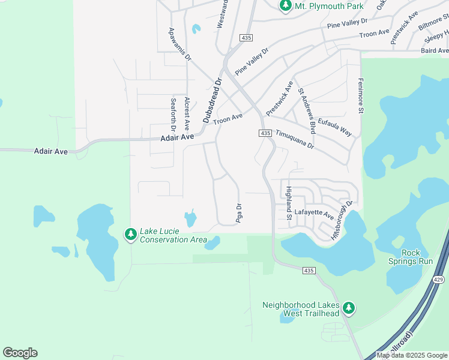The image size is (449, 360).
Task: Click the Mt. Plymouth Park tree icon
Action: (x=286, y=6)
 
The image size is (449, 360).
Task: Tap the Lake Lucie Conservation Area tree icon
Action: (x=131, y=235)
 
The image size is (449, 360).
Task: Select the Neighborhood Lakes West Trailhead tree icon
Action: (x=349, y=308)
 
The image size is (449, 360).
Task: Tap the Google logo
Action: (x=20, y=353)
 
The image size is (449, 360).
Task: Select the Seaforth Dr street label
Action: (x=173, y=115)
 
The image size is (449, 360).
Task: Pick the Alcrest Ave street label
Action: (x=187, y=114)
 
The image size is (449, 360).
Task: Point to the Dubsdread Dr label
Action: (x=212, y=100)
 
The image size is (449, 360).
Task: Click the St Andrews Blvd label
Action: (x=307, y=110)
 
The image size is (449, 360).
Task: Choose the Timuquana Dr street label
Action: (x=295, y=142)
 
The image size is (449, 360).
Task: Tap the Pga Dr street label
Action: (x=239, y=213)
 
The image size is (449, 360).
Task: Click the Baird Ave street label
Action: (x=435, y=51)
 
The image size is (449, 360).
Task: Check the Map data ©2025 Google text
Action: (x=412, y=355)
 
